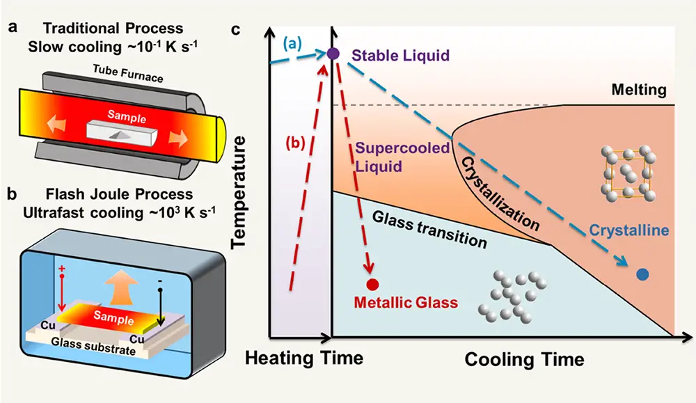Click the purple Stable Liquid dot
pyautogui.click(x=333, y=54)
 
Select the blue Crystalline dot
pyautogui.click(x=643, y=275)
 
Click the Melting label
pyautogui.click(x=638, y=90)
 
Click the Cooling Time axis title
pyautogui.click(x=524, y=359)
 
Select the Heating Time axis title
pyautogui.click(x=304, y=358)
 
